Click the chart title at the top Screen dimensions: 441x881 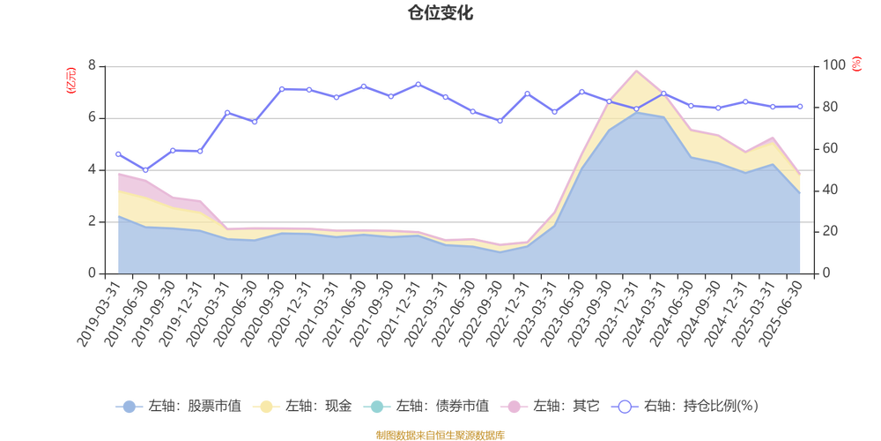pyautogui.click(x=440, y=12)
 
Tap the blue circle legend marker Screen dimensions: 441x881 pyautogui.click(x=130, y=407)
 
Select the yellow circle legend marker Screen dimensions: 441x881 pyautogui.click(x=263, y=407)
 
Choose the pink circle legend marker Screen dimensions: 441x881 pyautogui.click(x=512, y=407)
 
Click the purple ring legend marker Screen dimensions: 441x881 pyautogui.click(x=626, y=407)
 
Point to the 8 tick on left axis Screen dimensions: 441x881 pyautogui.click(x=93, y=65)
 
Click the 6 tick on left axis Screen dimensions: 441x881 pyautogui.click(x=93, y=117)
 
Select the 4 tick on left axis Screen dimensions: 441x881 pyautogui.click(x=93, y=169)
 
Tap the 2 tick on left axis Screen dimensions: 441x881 pyautogui.click(x=93, y=221)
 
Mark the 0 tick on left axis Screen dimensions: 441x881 pyautogui.click(x=93, y=273)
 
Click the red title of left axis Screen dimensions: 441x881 pyautogui.click(x=72, y=80)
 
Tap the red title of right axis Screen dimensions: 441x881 pyautogui.click(x=856, y=64)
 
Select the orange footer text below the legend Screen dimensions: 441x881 pyautogui.click(x=440, y=433)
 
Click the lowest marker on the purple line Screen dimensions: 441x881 pyautogui.click(x=145, y=170)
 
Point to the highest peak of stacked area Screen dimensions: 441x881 pyautogui.click(x=636, y=69)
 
